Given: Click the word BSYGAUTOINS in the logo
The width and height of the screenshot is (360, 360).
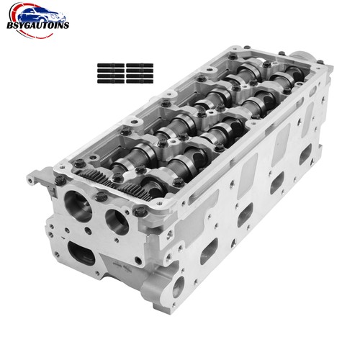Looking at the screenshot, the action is [x=38, y=25].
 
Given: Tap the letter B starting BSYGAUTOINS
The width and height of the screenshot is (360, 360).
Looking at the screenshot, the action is [x=10, y=26].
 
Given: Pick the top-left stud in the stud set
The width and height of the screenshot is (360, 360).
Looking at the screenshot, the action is [x=111, y=66].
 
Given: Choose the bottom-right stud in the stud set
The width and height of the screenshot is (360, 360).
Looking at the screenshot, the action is [x=140, y=81].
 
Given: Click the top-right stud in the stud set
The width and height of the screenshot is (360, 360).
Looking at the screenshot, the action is [x=140, y=66].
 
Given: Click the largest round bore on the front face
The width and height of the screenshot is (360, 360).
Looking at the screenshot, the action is [x=78, y=206].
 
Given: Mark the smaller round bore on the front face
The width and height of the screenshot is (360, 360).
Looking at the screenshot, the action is [x=117, y=222].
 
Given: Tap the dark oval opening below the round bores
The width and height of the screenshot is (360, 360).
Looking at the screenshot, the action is [x=81, y=253].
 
